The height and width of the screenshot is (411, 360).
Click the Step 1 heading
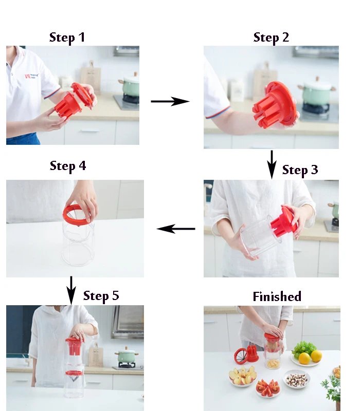pyautogui.click(x=67, y=38)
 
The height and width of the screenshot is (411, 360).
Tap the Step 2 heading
pyautogui.click(x=271, y=38)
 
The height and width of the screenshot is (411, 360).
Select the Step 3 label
pyautogui.click(x=300, y=170)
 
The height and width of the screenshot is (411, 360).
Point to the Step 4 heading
pyautogui.click(x=68, y=166)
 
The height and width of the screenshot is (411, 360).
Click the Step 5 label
pyautogui.click(x=101, y=296)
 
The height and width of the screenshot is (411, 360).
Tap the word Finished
pyautogui.click(x=277, y=296)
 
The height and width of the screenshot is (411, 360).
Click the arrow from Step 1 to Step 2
pyautogui.click(x=170, y=101)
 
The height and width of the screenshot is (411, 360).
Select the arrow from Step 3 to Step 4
pyautogui.click(x=176, y=229)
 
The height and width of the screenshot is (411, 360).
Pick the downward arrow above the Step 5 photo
pyautogui.click(x=71, y=290)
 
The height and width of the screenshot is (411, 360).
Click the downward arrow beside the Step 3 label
pyautogui.click(x=272, y=164)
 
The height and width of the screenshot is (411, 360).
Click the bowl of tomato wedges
pyautogui.click(x=267, y=388)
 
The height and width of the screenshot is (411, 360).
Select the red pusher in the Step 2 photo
pyautogui.click(x=275, y=105)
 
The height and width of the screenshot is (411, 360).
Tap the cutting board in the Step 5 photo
pyautogui.click(x=96, y=355)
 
